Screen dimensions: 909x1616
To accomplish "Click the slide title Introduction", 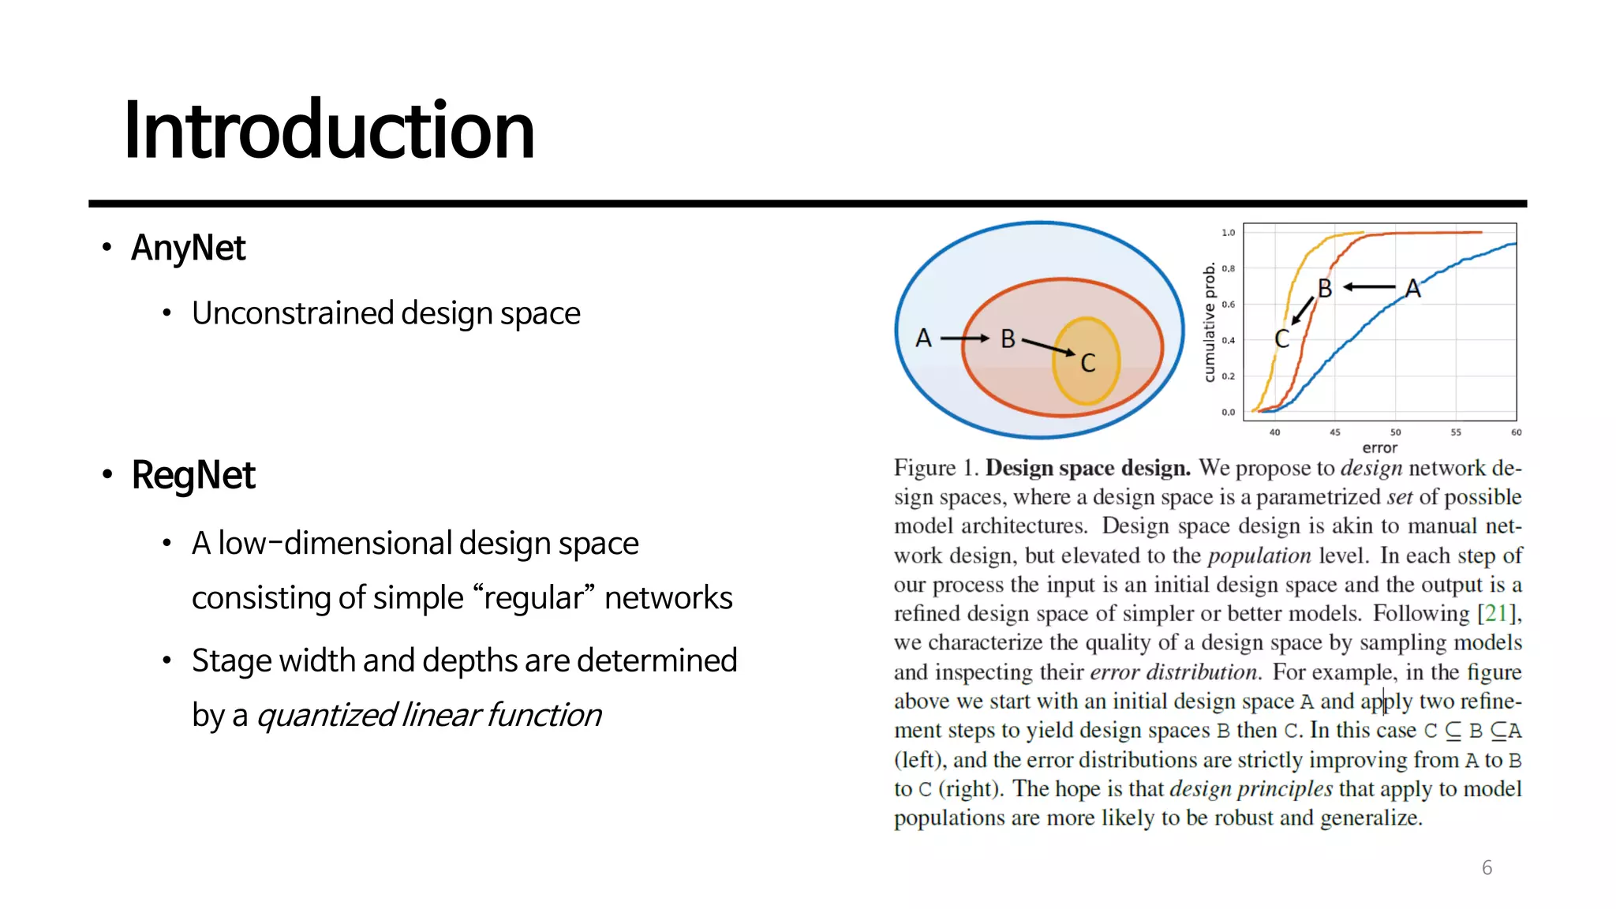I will [329, 130].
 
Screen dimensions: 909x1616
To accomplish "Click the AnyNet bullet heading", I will [189, 248].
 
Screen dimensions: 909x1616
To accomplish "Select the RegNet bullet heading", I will [193, 475].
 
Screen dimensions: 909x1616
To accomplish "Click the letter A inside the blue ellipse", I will [923, 339].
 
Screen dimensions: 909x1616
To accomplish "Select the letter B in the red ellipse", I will [1008, 339].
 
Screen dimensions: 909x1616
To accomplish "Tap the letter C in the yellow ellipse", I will [1088, 363].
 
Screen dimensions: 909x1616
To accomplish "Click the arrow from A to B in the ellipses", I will [964, 339].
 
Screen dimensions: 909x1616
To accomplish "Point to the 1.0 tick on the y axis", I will [1228, 233].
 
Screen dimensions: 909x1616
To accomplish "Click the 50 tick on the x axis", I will [1395, 432].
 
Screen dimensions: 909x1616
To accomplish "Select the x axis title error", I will [1379, 447].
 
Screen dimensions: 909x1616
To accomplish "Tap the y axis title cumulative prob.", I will [1209, 323].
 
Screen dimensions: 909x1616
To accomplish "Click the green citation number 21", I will [1496, 614].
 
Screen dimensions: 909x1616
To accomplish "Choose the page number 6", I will [1487, 868].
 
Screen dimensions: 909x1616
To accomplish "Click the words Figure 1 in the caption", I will [936, 468].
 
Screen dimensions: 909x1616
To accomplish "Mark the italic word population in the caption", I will [1259, 555].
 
